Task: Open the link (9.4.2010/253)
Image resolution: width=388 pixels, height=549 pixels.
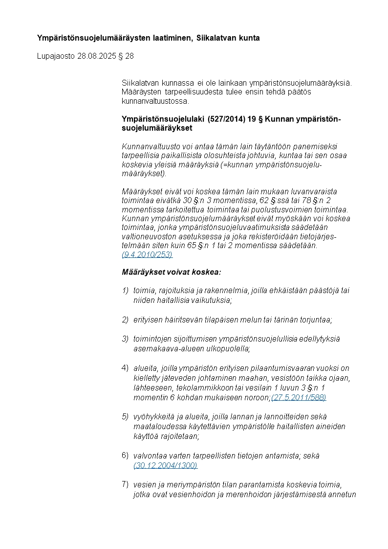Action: coord(147,255)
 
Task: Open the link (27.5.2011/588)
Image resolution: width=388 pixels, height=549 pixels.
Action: coord(299,397)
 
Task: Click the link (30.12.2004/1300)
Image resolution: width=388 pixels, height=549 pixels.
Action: coord(165,465)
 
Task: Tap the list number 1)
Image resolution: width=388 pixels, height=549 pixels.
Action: coord(125,291)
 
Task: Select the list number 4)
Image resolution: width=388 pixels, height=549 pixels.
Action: coord(125,368)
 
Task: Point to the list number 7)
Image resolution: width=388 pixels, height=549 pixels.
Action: coord(125,484)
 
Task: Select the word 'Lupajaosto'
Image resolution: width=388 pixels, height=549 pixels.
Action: coord(56,56)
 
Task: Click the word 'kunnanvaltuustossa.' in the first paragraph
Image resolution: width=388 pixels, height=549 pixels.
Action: coord(155,101)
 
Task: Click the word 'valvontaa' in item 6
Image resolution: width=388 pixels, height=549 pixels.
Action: coord(149,456)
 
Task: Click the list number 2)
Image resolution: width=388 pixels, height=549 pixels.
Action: coord(125,320)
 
